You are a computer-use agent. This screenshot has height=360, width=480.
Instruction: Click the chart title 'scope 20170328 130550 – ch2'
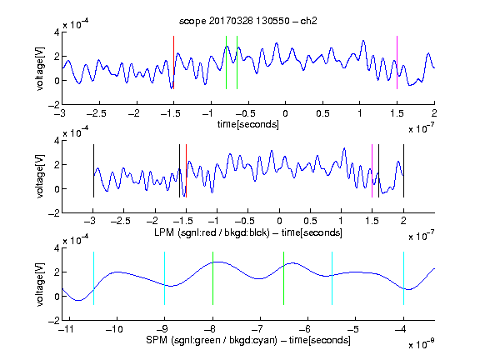247,21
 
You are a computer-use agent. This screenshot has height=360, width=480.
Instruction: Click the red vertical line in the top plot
174,62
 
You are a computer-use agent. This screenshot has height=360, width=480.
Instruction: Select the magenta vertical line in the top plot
397,62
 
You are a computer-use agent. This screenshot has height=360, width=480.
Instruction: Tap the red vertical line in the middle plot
186,171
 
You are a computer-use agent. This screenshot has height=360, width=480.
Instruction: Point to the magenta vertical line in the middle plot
372,171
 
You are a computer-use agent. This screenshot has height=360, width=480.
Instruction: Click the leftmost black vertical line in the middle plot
93,171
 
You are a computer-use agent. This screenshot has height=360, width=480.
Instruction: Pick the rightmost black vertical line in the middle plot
403,171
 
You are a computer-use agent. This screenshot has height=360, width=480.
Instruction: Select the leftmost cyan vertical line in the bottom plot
93,278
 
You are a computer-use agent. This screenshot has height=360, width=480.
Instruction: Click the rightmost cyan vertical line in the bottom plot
403,278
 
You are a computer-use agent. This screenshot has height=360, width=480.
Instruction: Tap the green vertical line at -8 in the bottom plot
212,278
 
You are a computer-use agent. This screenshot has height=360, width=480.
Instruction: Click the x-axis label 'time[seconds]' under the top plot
248,124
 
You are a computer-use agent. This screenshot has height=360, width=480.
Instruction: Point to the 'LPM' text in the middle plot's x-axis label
164,232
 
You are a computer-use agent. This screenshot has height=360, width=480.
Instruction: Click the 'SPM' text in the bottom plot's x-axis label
157,340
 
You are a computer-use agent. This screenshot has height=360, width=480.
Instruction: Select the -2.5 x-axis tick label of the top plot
96,113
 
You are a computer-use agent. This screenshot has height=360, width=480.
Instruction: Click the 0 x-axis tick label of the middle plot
279,221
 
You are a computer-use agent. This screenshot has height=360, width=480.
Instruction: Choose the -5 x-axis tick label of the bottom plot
355,329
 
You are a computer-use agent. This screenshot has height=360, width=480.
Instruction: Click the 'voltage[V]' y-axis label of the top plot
40,68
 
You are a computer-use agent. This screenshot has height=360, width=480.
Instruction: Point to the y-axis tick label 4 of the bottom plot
57,248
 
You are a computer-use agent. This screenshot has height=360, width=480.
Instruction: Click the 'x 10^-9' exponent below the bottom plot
421,344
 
